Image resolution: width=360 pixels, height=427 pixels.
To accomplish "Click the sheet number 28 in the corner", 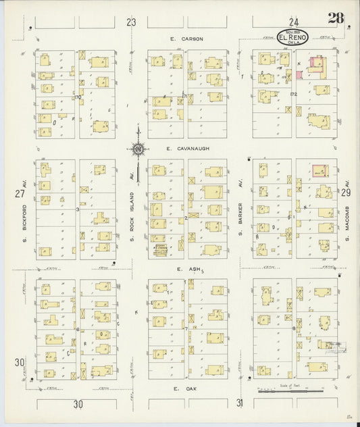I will pyautogui.click(x=338, y=18).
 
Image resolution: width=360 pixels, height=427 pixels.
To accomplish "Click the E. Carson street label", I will pyautogui.click(x=187, y=39).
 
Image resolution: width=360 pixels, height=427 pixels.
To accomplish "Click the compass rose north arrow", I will pyautogui.click(x=137, y=145).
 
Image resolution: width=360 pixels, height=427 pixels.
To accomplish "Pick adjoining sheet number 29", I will pyautogui.click(x=346, y=193).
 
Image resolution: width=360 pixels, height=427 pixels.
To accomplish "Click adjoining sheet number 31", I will pyautogui.click(x=239, y=403).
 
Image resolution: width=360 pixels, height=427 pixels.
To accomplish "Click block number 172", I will pyautogui.click(x=293, y=94).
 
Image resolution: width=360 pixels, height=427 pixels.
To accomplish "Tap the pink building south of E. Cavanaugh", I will pyautogui.click(x=320, y=172).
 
